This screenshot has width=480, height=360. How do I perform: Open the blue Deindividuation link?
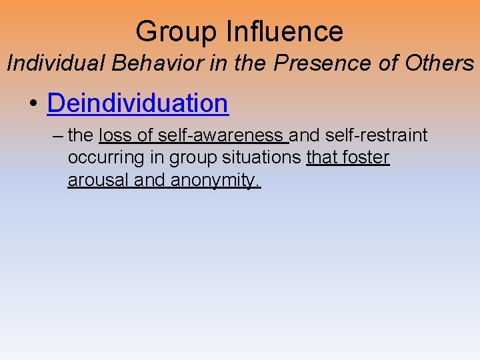pos(138,103)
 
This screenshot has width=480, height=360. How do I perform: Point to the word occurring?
pos(101,159)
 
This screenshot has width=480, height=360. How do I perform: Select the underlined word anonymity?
pos(216,181)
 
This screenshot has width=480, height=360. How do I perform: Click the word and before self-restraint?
pos(305,135)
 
